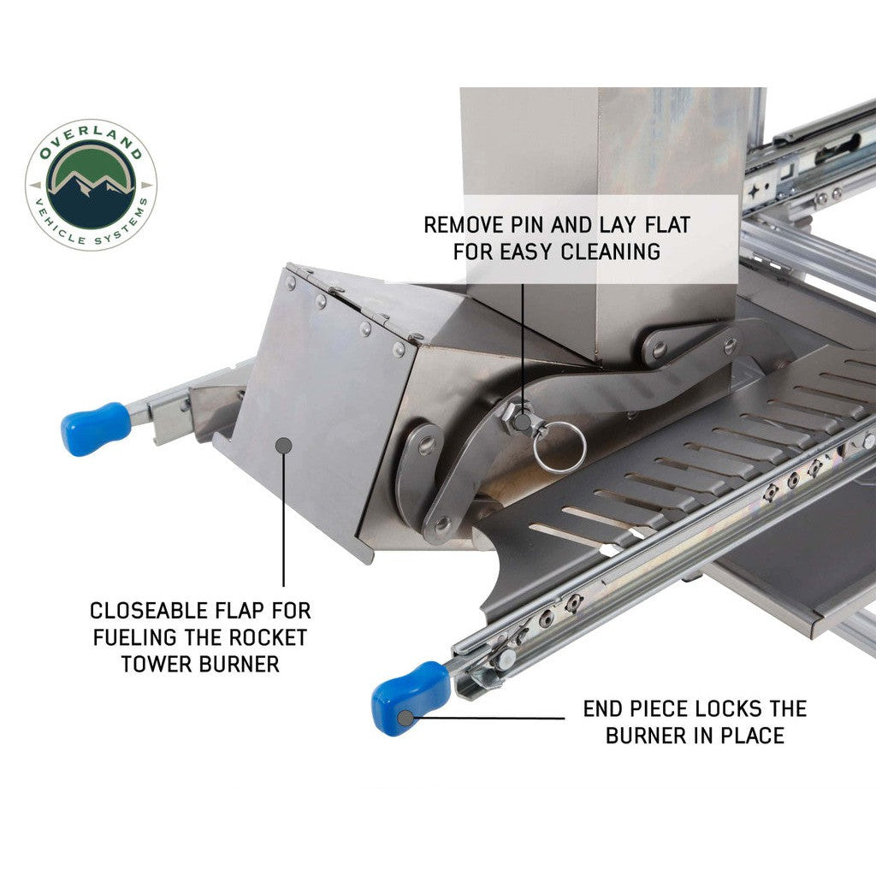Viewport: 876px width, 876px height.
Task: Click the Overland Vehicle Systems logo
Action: [91, 185]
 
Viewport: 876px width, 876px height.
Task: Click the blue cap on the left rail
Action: [95, 428]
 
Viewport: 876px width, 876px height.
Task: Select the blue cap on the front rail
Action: [411, 698]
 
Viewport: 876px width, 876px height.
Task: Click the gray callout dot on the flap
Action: [284, 445]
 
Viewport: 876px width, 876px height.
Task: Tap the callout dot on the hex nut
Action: [523, 421]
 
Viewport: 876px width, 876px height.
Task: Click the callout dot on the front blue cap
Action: [405, 718]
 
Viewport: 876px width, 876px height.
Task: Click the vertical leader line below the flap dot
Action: [284, 519]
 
